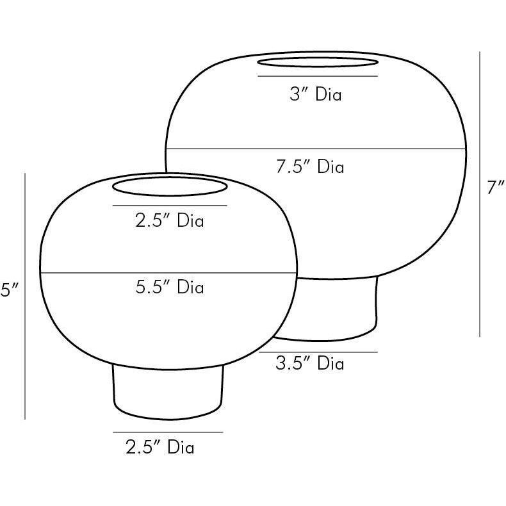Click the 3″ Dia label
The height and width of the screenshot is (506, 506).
coord(315,95)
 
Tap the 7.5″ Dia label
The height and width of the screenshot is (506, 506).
coord(310,167)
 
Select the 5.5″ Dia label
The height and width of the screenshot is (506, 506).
coord(170,286)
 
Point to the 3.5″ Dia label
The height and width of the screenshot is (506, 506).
coord(310,363)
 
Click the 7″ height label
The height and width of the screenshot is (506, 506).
coord(495,188)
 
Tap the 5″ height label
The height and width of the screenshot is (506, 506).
coord(10,290)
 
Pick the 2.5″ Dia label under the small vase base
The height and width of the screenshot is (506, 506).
coord(160,447)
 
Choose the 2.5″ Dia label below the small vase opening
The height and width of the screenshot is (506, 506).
coord(170,221)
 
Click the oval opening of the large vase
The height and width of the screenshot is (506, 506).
coord(318,58)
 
